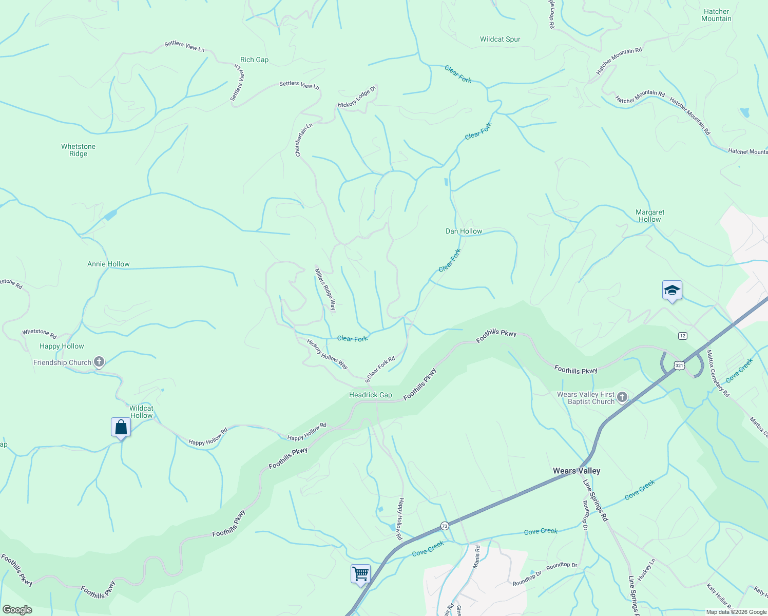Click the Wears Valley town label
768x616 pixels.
tap(576, 471)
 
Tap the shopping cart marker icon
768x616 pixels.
tap(360, 573)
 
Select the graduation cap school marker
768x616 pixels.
tap(672, 291)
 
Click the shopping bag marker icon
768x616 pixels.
tap(121, 427)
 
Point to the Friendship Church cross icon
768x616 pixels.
tap(99, 362)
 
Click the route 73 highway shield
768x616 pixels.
tap(445, 526)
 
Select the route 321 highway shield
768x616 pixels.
tap(679, 365)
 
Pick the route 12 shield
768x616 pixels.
tap(682, 336)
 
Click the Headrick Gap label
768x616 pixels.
tap(370, 395)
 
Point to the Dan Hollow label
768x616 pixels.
tap(464, 231)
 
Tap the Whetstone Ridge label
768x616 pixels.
tap(78, 150)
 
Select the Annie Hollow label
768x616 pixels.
tap(108, 264)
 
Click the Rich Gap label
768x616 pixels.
tap(254, 60)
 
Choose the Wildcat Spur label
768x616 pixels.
tap(500, 39)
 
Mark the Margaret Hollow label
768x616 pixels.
tap(650, 216)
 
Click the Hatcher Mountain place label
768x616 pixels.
tap(716, 15)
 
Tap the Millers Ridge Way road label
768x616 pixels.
tap(325, 290)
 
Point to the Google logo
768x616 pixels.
tap(17, 610)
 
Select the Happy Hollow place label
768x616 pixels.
tap(62, 346)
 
